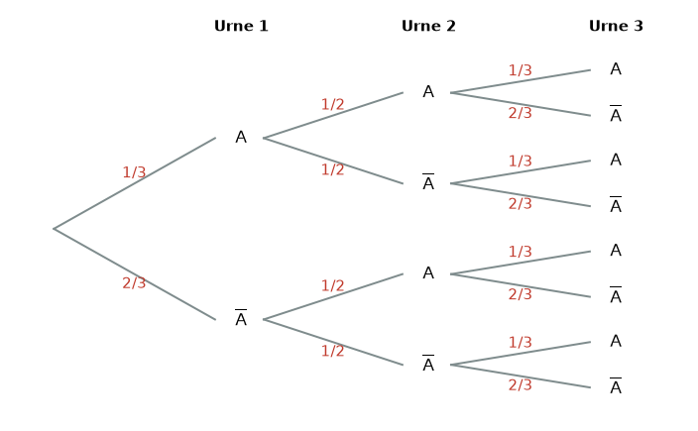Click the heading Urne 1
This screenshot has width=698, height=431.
[x=241, y=26]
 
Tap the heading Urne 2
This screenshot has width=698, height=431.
[x=428, y=26]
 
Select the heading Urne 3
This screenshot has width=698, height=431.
[x=616, y=26]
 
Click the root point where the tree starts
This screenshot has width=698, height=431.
[x=54, y=229]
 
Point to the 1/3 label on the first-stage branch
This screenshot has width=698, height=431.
[x=134, y=172]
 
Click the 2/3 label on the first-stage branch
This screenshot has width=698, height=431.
[x=134, y=283]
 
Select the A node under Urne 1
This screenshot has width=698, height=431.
[x=241, y=138]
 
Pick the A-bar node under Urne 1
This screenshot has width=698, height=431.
[x=241, y=318]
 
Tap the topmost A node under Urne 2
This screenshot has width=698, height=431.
[x=428, y=92]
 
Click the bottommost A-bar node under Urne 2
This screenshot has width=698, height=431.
[x=428, y=364]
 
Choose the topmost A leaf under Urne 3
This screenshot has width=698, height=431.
[x=616, y=69]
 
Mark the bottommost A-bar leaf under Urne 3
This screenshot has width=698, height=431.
[x=616, y=386]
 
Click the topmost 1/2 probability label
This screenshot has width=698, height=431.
[x=332, y=104]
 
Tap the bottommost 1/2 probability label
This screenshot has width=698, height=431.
[x=332, y=351]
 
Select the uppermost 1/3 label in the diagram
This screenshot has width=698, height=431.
[x=520, y=70]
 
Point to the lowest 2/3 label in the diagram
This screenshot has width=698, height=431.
[x=520, y=384]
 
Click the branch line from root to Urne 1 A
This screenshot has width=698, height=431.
[x=135, y=183]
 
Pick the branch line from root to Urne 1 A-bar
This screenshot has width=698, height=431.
[x=135, y=274]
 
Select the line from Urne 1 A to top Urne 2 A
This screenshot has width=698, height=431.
[x=333, y=115]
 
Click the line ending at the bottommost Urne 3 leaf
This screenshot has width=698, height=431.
[x=521, y=377]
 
